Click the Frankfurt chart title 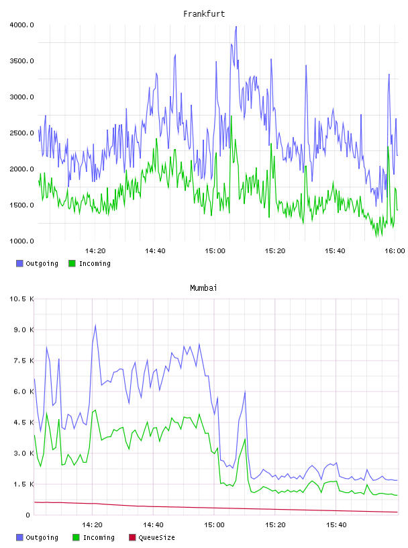pos(204,14)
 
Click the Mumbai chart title pos(203,288)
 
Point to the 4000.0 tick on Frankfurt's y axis pos(21,25)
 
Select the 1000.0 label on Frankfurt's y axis pos(21,241)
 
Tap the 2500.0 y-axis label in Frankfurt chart pos(21,133)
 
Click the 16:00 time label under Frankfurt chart pos(395,251)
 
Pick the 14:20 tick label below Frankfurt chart pos(95,251)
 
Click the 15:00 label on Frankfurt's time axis pos(215,251)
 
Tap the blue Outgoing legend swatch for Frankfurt pos(19,263)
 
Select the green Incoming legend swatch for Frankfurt pos(72,263)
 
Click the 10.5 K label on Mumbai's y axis pos(21,299)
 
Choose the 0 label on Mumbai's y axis pos(28,515)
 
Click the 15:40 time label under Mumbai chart pos(336,525)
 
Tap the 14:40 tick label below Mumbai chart pos(153,525)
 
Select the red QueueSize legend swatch pos(132,537)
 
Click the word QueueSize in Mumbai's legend pos(157,537)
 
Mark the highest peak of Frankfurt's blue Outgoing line pos(236,27)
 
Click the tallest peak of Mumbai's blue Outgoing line pos(95,325)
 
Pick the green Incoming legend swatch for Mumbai pos(76,537)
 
